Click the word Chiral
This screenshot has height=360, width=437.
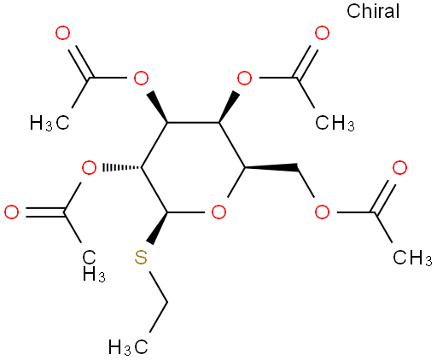tap(373, 11)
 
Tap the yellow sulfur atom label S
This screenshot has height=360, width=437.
tap(141, 258)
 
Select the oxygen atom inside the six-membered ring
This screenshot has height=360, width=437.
tap(218, 212)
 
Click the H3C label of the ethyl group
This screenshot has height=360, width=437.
tap(128, 347)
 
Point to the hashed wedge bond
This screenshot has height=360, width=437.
tap(122, 167)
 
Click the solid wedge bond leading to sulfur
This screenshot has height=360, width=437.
tap(159, 228)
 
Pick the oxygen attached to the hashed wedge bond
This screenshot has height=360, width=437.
tap(89, 168)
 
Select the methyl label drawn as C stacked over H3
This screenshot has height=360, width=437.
tap(94, 266)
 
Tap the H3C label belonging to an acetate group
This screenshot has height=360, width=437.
tap(50, 123)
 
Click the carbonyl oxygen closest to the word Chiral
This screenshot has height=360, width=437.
tap(322, 33)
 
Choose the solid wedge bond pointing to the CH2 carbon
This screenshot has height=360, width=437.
tap(271, 168)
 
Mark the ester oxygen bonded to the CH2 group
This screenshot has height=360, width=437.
tap(322, 212)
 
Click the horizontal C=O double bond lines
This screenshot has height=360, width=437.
tap(45, 212)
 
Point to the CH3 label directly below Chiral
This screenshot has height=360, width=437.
tap(335, 123)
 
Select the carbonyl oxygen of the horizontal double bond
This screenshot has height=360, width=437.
tap(12, 212)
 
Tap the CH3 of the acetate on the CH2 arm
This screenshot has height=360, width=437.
tap(412, 258)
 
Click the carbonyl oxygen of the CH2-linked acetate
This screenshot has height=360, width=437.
tap(399, 168)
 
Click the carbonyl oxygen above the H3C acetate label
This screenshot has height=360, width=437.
tap(62, 33)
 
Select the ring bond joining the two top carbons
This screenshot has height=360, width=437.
tap(193, 123)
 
